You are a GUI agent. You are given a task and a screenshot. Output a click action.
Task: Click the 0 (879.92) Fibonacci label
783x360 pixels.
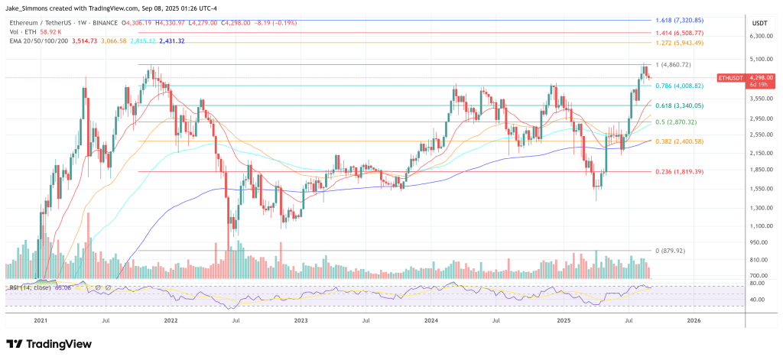(659, 251)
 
